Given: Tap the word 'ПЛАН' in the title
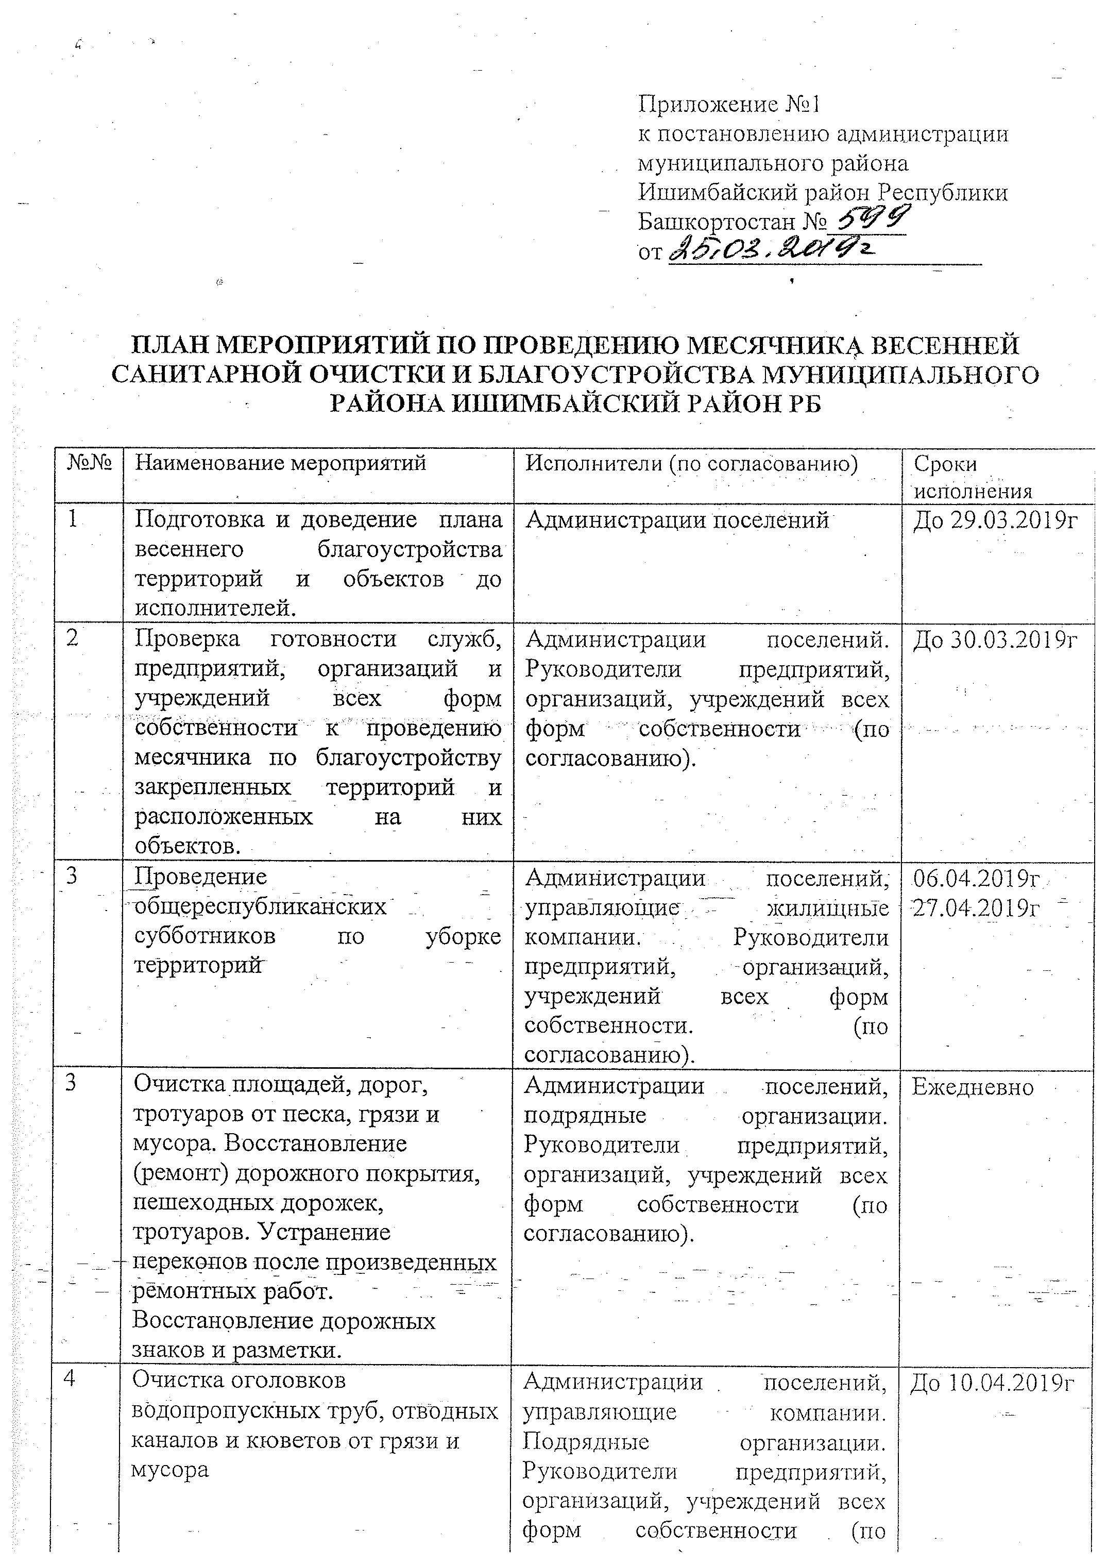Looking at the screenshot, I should click(x=166, y=346).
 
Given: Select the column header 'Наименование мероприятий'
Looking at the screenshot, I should click(x=280, y=464).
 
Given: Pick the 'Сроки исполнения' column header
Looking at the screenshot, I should click(x=972, y=477).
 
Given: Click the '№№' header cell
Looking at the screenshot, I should click(x=89, y=464).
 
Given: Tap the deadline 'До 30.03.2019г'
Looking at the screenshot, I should click(x=995, y=640).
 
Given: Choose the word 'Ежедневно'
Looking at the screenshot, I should click(x=973, y=1087).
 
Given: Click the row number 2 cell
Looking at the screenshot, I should click(x=72, y=640).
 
